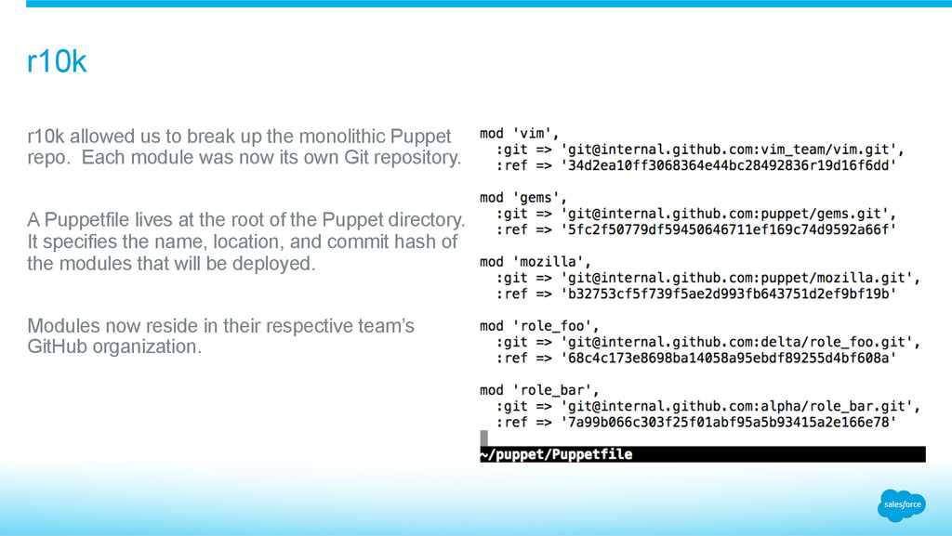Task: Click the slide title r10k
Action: pos(57,63)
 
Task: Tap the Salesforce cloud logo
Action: pos(901,504)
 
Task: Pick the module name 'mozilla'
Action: pos(549,262)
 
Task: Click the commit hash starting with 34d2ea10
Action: pos(728,165)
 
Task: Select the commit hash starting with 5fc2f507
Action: pos(728,229)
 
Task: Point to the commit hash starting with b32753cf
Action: pos(728,294)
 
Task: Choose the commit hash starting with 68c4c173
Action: pos(728,358)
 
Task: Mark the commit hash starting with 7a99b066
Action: pos(728,422)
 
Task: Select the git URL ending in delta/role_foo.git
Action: pos(740,342)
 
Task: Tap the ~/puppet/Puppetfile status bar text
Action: pos(556,454)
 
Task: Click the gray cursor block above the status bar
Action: pos(483,437)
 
